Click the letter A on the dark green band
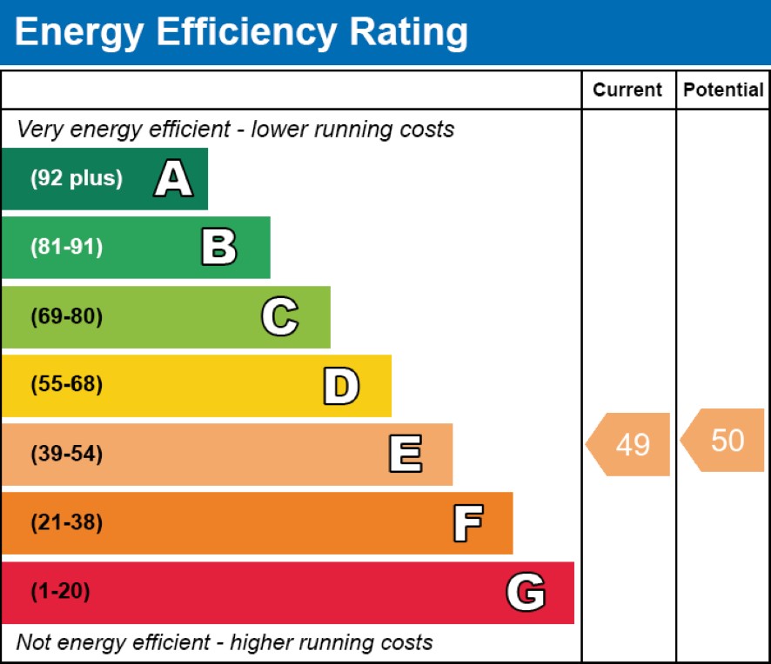[x=173, y=180]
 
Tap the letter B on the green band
[x=218, y=248]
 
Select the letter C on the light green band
[x=279, y=317]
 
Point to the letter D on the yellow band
[x=341, y=387]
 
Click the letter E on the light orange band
[x=405, y=455]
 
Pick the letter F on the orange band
[x=467, y=524]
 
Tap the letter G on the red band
[x=526, y=593]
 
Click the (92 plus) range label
[x=77, y=179]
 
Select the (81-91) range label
[x=66, y=248]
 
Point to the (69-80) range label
[x=66, y=317]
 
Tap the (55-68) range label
[x=66, y=385]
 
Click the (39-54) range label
[x=66, y=455]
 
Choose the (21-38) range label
[x=66, y=523]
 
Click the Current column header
[x=627, y=90]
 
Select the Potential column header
[x=723, y=90]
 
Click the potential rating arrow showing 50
[x=724, y=441]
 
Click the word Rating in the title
[x=408, y=33]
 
